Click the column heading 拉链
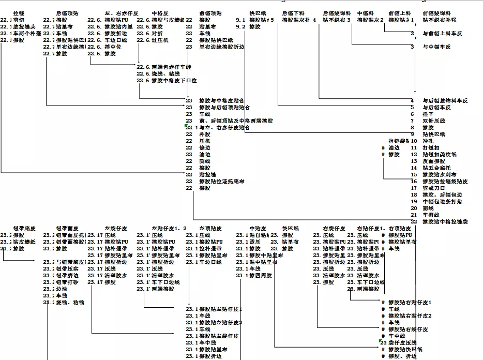click(19, 13)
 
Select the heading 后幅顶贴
click(68, 13)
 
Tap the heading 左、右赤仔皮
click(122, 13)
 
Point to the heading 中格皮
click(160, 13)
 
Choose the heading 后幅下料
click(293, 13)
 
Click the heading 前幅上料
click(400, 13)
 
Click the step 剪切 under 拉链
click(19, 20)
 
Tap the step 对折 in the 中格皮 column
click(157, 33)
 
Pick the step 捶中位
click(113, 47)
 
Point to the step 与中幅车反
click(436, 47)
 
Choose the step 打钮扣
click(431, 147)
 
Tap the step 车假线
click(431, 215)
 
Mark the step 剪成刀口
click(433, 188)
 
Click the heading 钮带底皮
click(24, 228)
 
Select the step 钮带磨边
click(67, 275)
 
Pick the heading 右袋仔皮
click(334, 228)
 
